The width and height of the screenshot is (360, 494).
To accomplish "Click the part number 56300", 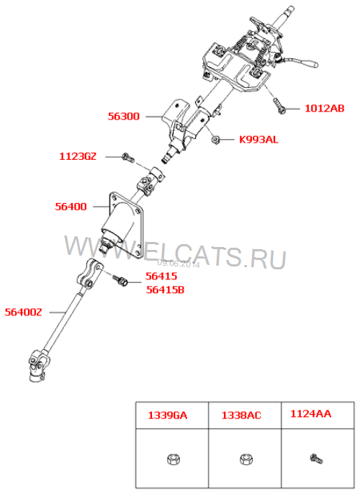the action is pyautogui.click(x=123, y=116).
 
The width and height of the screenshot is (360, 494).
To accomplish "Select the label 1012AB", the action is pyautogui.click(x=325, y=108).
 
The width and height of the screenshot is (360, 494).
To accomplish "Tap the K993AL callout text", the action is pyautogui.click(x=258, y=139).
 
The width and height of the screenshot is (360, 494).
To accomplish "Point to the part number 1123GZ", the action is pyautogui.click(x=78, y=156).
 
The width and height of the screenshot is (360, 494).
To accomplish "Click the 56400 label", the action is pyautogui.click(x=71, y=207).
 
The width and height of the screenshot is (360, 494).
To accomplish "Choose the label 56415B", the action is pyautogui.click(x=165, y=289).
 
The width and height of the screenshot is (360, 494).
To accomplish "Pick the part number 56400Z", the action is pyautogui.click(x=23, y=312).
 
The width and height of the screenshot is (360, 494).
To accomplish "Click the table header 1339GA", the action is pyautogui.click(x=168, y=416).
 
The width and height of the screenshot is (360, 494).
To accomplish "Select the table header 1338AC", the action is pyautogui.click(x=241, y=416).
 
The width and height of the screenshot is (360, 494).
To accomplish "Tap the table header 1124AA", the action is pyautogui.click(x=310, y=413).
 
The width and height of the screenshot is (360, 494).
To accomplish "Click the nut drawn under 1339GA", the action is pyautogui.click(x=174, y=459).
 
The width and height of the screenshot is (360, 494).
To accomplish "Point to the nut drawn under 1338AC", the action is pyautogui.click(x=245, y=459).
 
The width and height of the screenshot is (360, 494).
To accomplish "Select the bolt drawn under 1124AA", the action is pyautogui.click(x=316, y=459).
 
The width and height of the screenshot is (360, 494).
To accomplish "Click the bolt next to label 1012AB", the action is pyautogui.click(x=279, y=106).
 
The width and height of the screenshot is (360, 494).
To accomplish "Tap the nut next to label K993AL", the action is pyautogui.click(x=216, y=139).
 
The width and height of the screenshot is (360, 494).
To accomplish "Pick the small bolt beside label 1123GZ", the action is pyautogui.click(x=128, y=157).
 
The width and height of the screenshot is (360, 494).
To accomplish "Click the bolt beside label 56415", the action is pyautogui.click(x=120, y=280).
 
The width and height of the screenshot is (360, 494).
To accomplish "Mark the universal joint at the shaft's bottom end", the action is pyautogui.click(x=37, y=366).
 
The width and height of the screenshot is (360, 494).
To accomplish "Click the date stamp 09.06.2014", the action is pyautogui.click(x=179, y=264).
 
